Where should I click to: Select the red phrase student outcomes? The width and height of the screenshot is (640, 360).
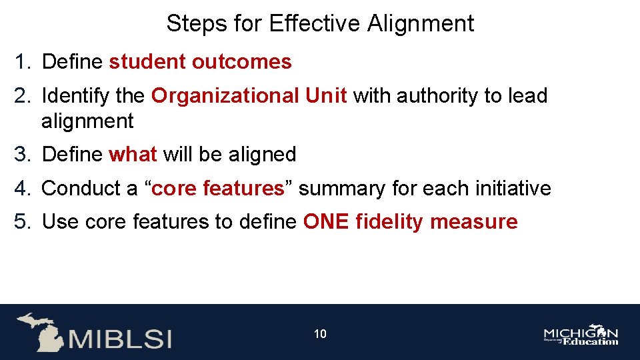pyautogui.click(x=200, y=62)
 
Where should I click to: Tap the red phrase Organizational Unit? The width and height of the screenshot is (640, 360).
pyautogui.click(x=249, y=96)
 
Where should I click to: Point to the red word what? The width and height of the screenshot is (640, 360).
pyautogui.click(x=133, y=155)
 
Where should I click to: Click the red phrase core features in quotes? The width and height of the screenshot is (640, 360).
pyautogui.click(x=218, y=189)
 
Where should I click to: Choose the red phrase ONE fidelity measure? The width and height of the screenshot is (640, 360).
pyautogui.click(x=410, y=222)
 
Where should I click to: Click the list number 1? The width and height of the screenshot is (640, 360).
pyautogui.click(x=22, y=62)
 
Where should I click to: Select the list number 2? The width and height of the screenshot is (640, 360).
pyautogui.click(x=22, y=96)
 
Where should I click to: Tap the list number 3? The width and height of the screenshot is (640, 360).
pyautogui.click(x=22, y=155)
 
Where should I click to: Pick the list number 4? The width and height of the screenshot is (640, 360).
pyautogui.click(x=22, y=189)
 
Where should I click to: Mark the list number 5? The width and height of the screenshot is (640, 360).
pyautogui.click(x=22, y=222)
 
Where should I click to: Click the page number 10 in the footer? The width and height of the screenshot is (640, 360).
pyautogui.click(x=320, y=334)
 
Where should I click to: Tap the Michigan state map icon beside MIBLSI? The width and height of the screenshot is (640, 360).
pyautogui.click(x=41, y=331)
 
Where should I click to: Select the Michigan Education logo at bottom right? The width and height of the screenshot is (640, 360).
pyautogui.click(x=581, y=335)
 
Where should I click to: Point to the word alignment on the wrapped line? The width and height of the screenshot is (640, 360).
pyautogui.click(x=87, y=121)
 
